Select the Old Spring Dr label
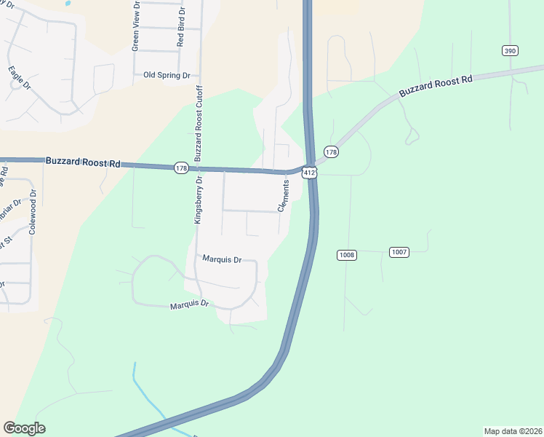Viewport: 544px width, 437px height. (167, 75)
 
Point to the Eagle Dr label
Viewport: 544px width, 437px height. (20, 78)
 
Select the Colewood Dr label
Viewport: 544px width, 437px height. (33, 212)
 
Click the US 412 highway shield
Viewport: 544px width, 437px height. (310, 173)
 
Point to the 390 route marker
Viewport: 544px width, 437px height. (509, 50)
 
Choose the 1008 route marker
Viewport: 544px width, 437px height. (346, 254)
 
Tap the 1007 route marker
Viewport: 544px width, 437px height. (399, 252)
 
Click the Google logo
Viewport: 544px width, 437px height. (24, 428)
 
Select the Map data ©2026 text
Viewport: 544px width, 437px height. (512, 431)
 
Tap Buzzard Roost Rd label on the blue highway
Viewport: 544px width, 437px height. (82, 162)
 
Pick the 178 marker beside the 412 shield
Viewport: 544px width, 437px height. (332, 151)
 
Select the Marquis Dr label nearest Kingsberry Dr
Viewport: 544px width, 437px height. (221, 259)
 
